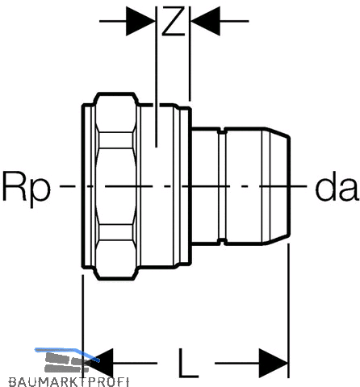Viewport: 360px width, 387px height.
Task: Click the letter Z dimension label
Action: [174, 21]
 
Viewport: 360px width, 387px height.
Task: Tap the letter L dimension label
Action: [188, 363]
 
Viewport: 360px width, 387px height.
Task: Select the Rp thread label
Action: [27, 188]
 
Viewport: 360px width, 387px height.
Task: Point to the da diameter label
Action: [337, 187]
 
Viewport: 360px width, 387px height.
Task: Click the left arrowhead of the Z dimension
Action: [140, 21]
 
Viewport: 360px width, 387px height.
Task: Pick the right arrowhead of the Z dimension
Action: [205, 21]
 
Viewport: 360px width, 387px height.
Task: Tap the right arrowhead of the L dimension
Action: [273, 363]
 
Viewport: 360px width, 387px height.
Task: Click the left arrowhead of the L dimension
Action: [98, 363]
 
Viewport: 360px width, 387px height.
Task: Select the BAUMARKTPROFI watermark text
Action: [69, 382]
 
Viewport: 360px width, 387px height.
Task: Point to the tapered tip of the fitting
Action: [277, 186]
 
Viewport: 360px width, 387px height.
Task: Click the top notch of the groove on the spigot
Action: [222, 131]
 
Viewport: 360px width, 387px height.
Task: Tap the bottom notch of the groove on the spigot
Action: [222, 242]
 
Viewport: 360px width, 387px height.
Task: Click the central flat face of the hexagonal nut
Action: [115, 186]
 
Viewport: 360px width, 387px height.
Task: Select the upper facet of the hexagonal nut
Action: [115, 112]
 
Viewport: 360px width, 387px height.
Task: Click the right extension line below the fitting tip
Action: [288, 310]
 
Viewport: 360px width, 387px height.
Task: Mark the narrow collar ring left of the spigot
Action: [182, 186]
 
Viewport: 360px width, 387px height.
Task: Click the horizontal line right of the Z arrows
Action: [234, 21]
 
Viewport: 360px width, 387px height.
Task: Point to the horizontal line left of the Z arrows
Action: [113, 21]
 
